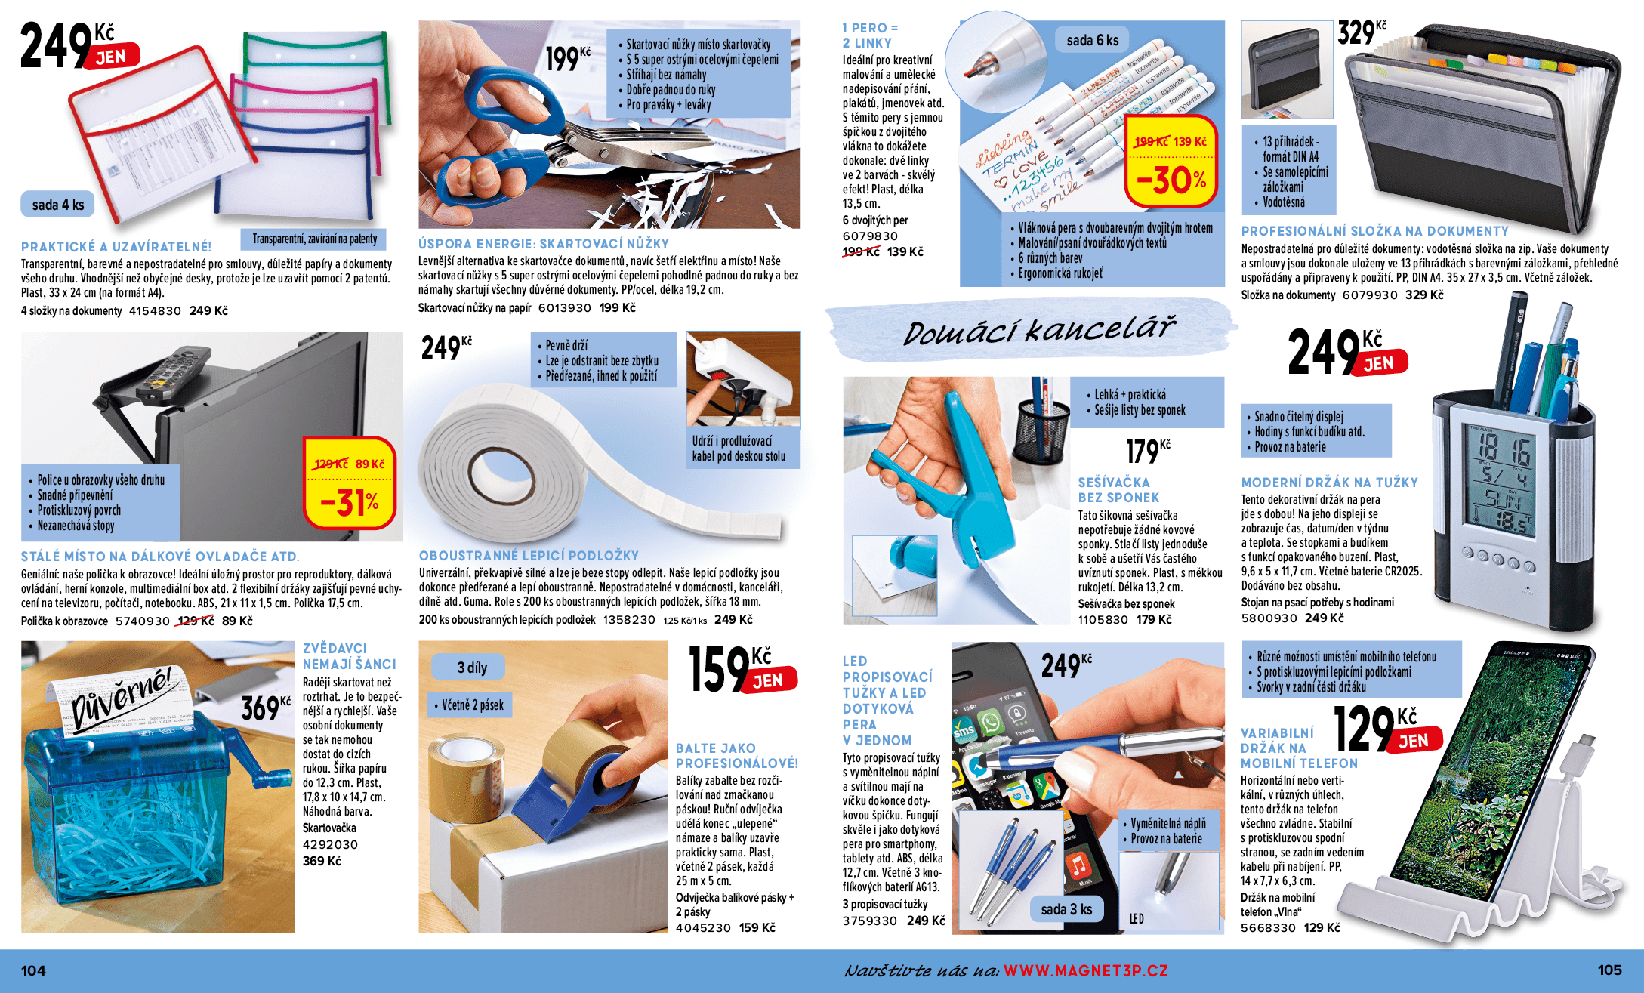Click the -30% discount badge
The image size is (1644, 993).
(1171, 180)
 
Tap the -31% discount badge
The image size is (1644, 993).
(350, 502)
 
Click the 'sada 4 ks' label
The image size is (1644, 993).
(57, 205)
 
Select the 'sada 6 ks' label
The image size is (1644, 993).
(1092, 40)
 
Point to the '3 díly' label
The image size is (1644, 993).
(472, 668)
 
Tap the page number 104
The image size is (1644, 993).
(33, 970)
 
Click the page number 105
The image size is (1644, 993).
(1609, 970)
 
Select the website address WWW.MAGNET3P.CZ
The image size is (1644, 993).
(1085, 971)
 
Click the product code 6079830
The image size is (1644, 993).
(870, 236)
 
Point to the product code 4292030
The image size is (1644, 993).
(330, 844)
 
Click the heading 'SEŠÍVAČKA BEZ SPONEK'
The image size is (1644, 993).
(1118, 489)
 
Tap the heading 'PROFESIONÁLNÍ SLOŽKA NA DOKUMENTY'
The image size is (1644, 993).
(1374, 231)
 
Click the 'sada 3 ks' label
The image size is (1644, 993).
(1066, 909)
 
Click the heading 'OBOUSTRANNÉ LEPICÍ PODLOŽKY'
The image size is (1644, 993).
(529, 556)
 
